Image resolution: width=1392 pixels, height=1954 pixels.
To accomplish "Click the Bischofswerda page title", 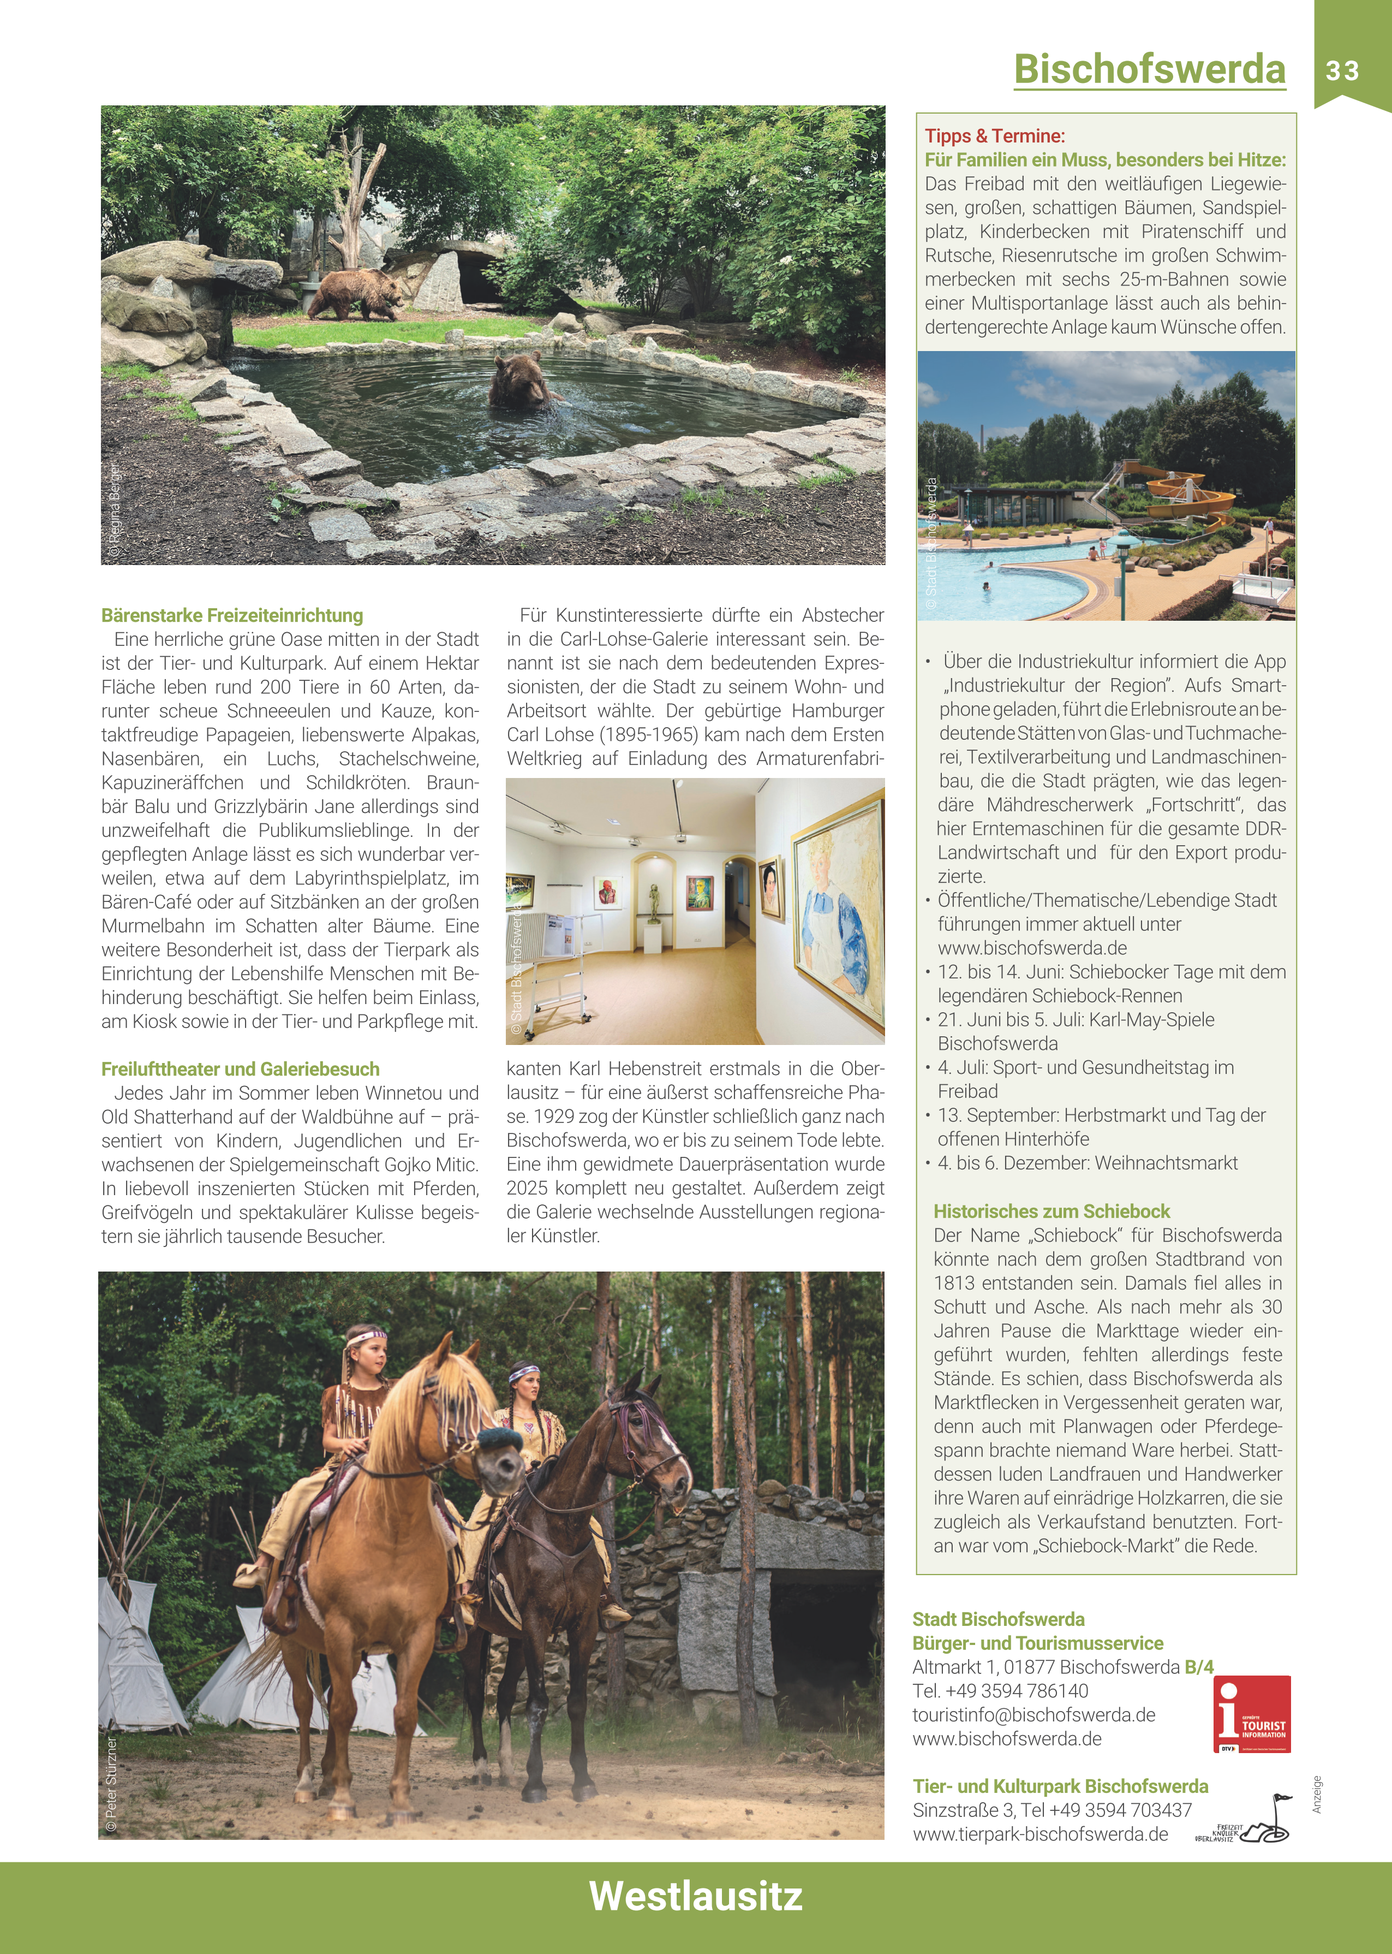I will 1149,69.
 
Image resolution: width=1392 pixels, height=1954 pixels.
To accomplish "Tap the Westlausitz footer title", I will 695,1895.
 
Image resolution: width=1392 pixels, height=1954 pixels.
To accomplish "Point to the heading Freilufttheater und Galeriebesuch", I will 240,1068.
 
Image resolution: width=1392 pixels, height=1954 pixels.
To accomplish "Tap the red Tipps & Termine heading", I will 994,135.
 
